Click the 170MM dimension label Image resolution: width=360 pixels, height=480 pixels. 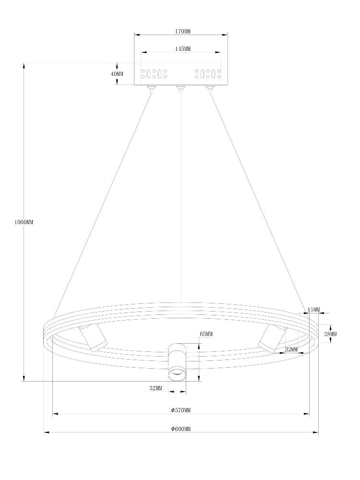point(183,31)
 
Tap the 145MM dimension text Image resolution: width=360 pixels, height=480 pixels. point(183,48)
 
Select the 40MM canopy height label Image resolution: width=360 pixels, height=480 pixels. point(117,74)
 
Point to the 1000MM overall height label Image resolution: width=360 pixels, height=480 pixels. point(24,222)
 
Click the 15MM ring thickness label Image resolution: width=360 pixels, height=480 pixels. point(313,310)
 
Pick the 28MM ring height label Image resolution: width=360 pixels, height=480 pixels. point(330,334)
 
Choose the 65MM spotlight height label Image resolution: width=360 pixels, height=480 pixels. point(206,334)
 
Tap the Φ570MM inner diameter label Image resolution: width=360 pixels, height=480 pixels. point(181,410)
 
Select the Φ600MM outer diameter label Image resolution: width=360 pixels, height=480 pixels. point(181,429)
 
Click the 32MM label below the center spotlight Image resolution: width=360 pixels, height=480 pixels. point(156,388)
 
